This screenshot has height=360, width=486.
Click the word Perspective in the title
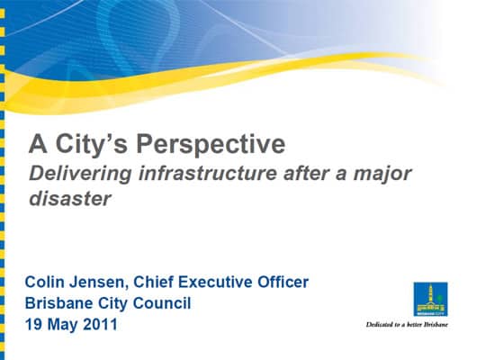click(x=211, y=145)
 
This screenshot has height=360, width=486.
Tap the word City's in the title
click(x=91, y=145)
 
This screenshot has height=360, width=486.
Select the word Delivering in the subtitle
click(x=81, y=174)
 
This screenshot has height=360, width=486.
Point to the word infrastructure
click(x=207, y=173)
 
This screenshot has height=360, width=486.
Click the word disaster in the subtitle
click(x=69, y=198)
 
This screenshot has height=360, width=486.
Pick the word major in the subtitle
click(x=382, y=175)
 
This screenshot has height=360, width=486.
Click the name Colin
click(x=45, y=282)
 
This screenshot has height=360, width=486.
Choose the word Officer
click(x=283, y=282)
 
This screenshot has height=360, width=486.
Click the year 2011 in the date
click(x=101, y=324)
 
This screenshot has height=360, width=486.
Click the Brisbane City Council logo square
click(x=430, y=299)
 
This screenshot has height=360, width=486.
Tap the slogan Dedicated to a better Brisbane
click(x=407, y=325)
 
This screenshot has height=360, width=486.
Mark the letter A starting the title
click(x=38, y=143)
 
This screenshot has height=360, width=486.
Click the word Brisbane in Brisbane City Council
click(x=58, y=303)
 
